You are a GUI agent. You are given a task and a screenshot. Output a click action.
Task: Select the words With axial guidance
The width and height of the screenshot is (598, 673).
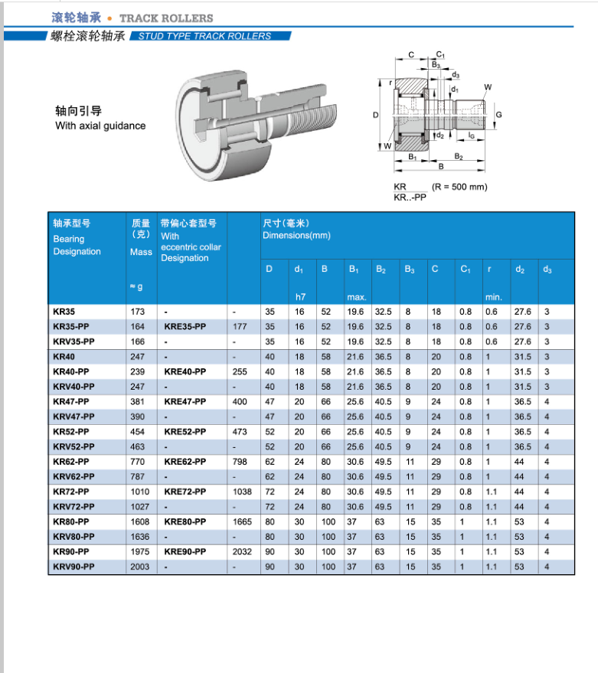point(100,126)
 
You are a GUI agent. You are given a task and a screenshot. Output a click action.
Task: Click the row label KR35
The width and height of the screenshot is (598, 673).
point(64,312)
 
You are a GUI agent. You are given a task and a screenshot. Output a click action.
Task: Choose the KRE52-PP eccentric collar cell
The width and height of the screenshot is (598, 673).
point(185,432)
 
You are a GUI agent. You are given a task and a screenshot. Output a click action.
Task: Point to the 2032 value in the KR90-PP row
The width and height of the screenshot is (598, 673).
point(242,551)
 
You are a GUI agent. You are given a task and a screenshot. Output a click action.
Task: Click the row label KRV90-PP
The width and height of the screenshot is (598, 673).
point(74,567)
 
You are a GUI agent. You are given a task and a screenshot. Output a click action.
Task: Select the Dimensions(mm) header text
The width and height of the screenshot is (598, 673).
point(296,235)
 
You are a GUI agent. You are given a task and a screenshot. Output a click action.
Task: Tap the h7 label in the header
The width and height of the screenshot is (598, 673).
point(300,296)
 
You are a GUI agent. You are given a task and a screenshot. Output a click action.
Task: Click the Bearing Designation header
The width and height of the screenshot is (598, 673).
point(77,245)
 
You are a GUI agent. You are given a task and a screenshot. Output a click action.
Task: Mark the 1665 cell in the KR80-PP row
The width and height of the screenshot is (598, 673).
point(242,521)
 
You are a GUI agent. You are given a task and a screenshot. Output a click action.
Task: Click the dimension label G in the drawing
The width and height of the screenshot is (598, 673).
point(498,115)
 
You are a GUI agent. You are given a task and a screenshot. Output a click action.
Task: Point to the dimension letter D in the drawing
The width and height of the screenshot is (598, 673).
point(376,115)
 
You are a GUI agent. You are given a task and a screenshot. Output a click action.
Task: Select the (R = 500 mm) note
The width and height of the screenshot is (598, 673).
point(459,187)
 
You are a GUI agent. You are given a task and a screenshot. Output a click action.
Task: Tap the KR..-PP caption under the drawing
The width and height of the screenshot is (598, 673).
point(410,197)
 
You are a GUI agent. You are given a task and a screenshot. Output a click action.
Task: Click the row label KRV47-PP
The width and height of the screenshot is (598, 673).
point(74,417)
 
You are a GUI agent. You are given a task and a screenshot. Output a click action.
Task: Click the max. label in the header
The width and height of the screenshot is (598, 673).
point(358,296)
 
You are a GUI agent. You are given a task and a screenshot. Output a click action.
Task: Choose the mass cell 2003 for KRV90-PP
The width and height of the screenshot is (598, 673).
point(141,567)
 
